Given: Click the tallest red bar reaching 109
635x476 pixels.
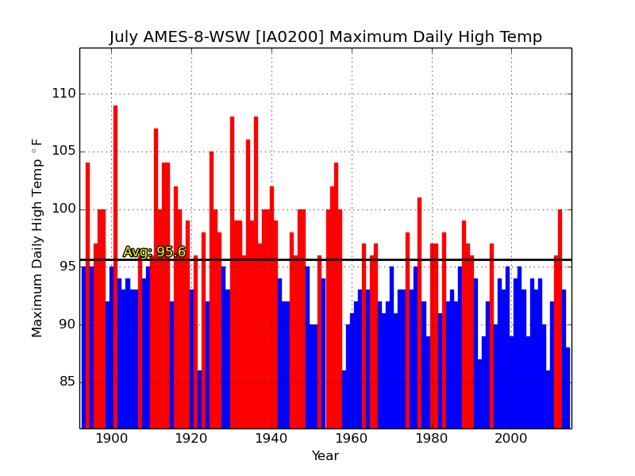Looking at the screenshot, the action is pyautogui.click(x=115, y=267).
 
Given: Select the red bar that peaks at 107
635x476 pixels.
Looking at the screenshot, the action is pyautogui.click(x=156, y=278).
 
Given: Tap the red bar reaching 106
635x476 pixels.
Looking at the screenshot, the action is pyautogui.click(x=248, y=284).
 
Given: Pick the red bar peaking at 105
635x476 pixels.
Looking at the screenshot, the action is pyautogui.click(x=211, y=290).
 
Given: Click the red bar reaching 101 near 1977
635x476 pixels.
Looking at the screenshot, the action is pyautogui.click(x=420, y=313).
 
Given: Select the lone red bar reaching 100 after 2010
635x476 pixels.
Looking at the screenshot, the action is pyautogui.click(x=560, y=319).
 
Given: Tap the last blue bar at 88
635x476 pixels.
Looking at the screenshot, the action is pyautogui.click(x=568, y=388).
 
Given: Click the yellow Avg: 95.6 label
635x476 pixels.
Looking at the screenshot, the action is pyautogui.click(x=154, y=251).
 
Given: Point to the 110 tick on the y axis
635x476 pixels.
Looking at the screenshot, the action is pyautogui.click(x=64, y=94).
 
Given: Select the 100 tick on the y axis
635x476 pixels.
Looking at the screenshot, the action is pyautogui.click(x=64, y=209).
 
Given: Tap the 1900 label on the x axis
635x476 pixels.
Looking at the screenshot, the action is pyautogui.click(x=111, y=439).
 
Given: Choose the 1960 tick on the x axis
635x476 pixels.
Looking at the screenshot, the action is pyautogui.click(x=352, y=439).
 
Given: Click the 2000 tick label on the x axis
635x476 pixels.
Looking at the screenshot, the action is pyautogui.click(x=511, y=439).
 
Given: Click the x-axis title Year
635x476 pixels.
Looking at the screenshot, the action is pyautogui.click(x=325, y=455).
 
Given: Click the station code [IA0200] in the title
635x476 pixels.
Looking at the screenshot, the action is pyautogui.click(x=290, y=36).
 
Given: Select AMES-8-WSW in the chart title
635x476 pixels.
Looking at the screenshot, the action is pyautogui.click(x=197, y=36).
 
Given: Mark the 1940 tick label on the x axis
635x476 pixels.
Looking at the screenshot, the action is pyautogui.click(x=271, y=439).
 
